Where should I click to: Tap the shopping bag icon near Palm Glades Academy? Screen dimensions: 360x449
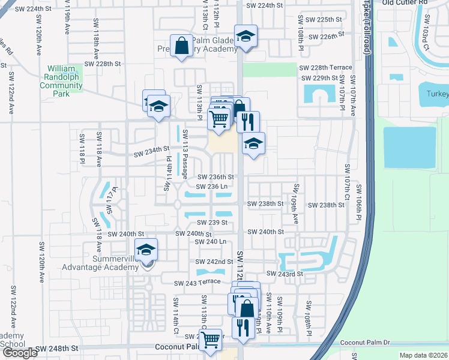[181, 45]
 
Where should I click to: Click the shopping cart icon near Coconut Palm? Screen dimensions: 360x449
[211, 340]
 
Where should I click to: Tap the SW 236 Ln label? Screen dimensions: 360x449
[209, 187]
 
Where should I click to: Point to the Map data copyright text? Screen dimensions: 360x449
[424, 355]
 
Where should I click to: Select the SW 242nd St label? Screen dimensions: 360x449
[214, 262]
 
